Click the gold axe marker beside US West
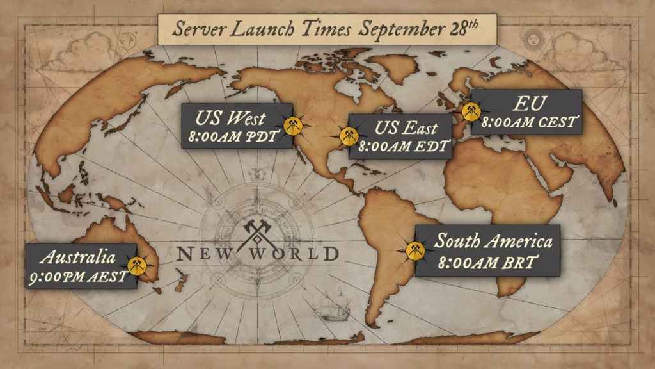tap(293, 126)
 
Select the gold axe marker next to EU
tap(471, 112)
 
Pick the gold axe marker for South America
tap(415, 250)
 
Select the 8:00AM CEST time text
tap(530, 122)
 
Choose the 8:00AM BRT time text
tap(487, 262)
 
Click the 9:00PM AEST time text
tap(79, 277)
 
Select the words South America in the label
tap(493, 241)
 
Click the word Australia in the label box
tap(77, 258)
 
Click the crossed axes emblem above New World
tap(257, 233)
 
